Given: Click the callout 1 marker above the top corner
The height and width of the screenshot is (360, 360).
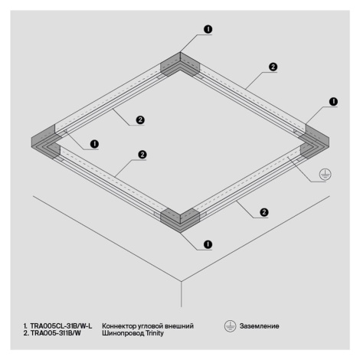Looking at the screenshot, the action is click(x=208, y=29).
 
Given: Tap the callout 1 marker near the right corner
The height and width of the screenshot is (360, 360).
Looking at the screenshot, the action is click(x=333, y=102).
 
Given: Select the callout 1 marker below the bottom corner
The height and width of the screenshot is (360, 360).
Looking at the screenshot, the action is click(x=208, y=244).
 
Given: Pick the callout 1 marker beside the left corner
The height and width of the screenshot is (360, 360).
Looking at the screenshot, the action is click(x=94, y=144).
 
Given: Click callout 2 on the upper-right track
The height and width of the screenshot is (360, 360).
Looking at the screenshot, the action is click(x=273, y=67).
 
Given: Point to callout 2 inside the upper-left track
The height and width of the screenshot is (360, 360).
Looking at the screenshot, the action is click(x=140, y=120).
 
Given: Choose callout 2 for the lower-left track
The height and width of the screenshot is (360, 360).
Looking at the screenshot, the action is click(x=142, y=155).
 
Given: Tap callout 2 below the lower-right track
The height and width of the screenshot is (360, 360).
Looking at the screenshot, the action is click(x=264, y=212).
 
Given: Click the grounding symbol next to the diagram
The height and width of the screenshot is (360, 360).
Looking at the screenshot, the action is click(x=325, y=174).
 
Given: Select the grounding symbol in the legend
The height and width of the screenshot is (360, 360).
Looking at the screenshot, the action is click(x=230, y=326).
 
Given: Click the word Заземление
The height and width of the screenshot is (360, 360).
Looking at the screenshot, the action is click(x=259, y=326).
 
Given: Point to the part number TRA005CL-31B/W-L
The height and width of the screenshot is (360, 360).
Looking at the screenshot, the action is click(x=61, y=326).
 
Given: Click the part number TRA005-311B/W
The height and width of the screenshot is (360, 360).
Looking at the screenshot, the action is click(x=56, y=333).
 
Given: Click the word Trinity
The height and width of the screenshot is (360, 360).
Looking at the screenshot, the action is click(x=155, y=333).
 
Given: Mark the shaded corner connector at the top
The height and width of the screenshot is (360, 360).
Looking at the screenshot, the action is click(x=180, y=64).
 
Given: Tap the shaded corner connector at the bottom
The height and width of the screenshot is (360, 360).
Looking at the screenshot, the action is click(x=180, y=221).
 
